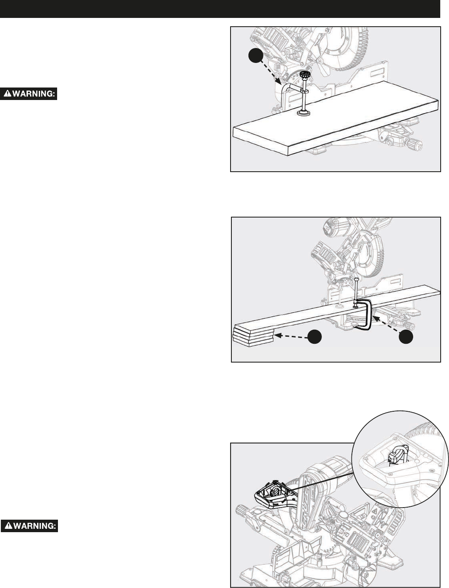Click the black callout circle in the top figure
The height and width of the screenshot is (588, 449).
point(256,56)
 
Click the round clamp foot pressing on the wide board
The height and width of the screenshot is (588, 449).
point(304,113)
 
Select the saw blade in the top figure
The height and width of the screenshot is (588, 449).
point(346,48)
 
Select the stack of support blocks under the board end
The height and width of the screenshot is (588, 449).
point(253,337)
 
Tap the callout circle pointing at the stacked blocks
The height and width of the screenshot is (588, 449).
point(314,337)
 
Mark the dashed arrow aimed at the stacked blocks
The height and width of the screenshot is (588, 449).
point(291,336)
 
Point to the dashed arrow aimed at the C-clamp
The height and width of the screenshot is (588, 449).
point(386,325)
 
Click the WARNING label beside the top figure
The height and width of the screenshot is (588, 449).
point(29,94)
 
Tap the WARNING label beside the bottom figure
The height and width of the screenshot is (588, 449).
point(30,526)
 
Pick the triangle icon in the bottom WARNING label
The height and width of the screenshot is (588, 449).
point(9,526)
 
